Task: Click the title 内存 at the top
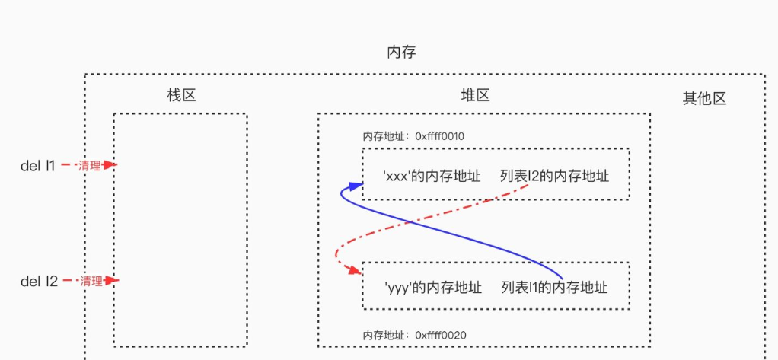(401, 52)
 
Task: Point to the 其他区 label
(704, 98)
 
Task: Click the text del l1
(38, 164)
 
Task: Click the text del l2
(39, 281)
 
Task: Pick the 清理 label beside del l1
(91, 164)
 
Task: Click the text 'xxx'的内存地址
(432, 176)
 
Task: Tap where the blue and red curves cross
(412, 221)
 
